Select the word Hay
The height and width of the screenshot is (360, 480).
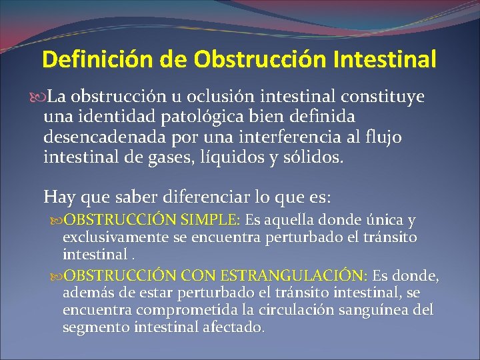57,197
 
